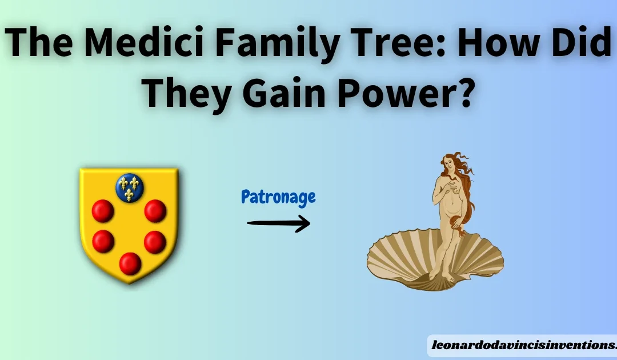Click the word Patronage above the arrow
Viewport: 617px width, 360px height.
[278, 198]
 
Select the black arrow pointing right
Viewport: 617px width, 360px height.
[278, 222]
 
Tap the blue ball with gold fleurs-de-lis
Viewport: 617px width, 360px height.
[130, 187]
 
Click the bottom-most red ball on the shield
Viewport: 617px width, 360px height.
[130, 263]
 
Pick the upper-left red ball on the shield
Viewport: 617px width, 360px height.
[103, 211]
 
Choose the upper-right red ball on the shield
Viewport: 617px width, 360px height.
[155, 211]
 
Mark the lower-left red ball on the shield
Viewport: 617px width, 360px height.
[103, 241]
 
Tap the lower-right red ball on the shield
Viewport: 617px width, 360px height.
[155, 242]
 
